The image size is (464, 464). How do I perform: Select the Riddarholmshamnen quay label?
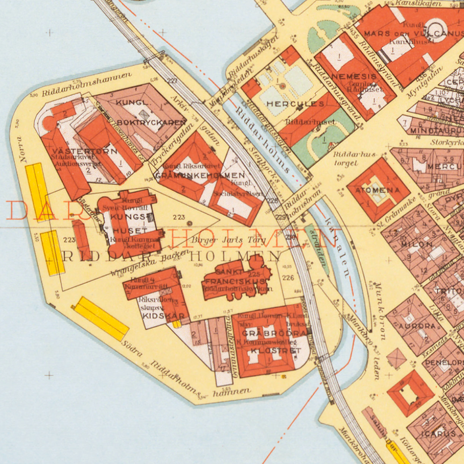[x=87, y=84]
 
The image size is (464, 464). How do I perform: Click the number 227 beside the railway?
[x=172, y=81]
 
